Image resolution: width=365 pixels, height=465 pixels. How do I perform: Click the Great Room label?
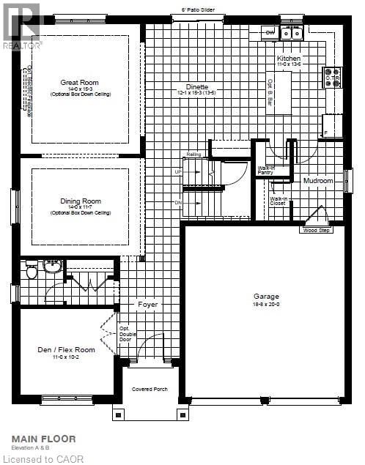(x=80, y=83)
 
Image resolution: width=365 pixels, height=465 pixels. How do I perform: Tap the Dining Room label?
(x=80, y=200)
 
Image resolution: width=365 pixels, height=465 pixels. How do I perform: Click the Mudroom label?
(x=317, y=180)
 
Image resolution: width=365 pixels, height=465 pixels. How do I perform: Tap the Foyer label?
(x=148, y=304)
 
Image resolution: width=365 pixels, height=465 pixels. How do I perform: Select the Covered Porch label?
(x=150, y=389)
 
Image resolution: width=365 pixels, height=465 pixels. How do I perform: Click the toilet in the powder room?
(x=32, y=272)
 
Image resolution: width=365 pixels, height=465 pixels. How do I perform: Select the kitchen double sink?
(x=292, y=33)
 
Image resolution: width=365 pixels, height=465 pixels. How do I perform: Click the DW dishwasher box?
(x=269, y=32)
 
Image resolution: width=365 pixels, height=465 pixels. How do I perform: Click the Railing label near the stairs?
(x=193, y=155)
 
